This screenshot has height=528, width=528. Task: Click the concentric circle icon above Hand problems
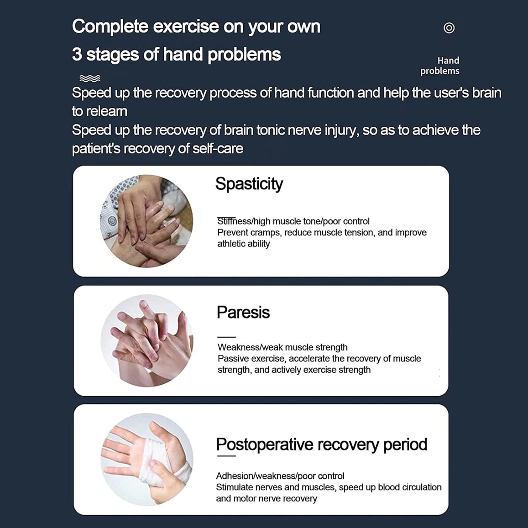pos(449,28)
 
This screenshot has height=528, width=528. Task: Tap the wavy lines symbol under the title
pos(90,78)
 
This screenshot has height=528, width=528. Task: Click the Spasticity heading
pos(249,184)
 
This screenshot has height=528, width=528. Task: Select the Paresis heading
pos(243,312)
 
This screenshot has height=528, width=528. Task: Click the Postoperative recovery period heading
pos(321,444)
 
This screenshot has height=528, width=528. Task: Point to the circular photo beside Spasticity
pos(147,221)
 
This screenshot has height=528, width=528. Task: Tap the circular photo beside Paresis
pos(147,340)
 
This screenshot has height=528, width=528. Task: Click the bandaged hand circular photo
pos(147,459)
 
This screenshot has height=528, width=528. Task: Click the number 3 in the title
pos(77,55)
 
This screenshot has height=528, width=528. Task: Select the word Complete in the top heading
pos(110,26)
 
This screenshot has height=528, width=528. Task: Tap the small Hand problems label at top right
pos(440,66)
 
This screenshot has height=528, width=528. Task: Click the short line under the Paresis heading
pos(226,337)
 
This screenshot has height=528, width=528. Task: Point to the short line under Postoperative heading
pos(226,456)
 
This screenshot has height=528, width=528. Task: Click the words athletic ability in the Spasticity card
pos(244,244)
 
